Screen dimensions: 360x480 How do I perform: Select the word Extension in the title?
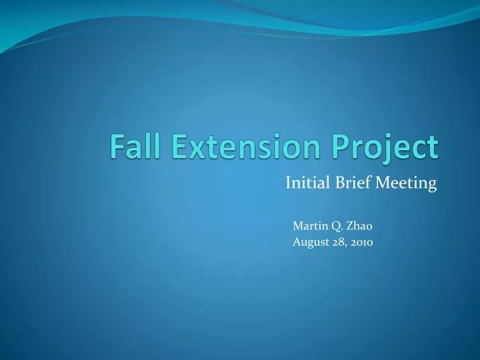tap(233, 146)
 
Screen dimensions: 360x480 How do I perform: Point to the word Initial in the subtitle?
tap(304, 183)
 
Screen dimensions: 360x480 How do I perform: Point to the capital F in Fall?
tap(117, 146)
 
